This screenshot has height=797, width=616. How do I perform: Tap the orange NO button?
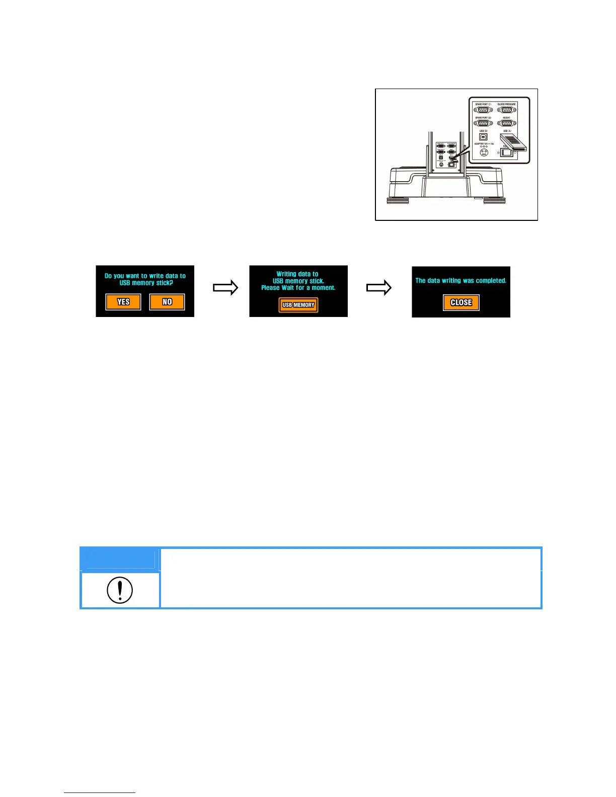pos(167,302)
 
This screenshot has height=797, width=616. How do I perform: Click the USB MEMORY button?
pos(298,305)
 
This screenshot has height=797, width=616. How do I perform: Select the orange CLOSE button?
pos(461,302)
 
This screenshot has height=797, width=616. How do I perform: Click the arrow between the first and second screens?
pos(225,288)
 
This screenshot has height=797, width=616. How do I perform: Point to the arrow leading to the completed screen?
pos(378,288)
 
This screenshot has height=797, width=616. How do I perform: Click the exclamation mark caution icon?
pos(120,590)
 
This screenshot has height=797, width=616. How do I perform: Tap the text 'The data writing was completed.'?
pos(460,281)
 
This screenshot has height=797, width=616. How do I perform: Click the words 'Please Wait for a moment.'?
pos(298,288)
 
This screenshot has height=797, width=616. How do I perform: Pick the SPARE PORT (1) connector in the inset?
pos(483,110)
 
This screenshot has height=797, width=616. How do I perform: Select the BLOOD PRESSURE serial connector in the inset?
pos(506,110)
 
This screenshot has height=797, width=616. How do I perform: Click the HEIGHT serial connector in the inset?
pos(506,123)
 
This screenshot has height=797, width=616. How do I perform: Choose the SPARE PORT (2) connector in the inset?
pos(483,123)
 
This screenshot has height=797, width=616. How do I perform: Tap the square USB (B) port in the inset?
pos(483,137)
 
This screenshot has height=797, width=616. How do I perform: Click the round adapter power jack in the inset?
pos(484,152)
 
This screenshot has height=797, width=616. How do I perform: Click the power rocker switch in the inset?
pos(507,153)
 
